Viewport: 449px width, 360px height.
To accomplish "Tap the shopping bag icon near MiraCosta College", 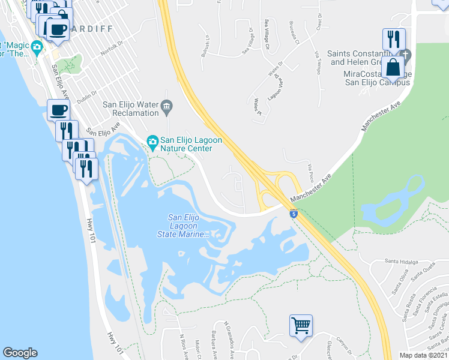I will (x=393, y=67).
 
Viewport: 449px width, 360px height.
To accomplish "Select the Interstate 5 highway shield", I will (x=293, y=214).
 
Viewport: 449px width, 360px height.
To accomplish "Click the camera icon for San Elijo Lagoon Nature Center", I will (x=152, y=142).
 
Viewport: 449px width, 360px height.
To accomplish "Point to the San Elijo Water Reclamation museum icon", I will (x=167, y=108).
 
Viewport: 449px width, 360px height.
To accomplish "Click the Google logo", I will (x=20, y=353).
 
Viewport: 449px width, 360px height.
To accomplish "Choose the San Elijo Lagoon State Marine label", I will (x=190, y=226).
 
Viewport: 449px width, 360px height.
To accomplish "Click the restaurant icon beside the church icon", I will (x=394, y=39).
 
